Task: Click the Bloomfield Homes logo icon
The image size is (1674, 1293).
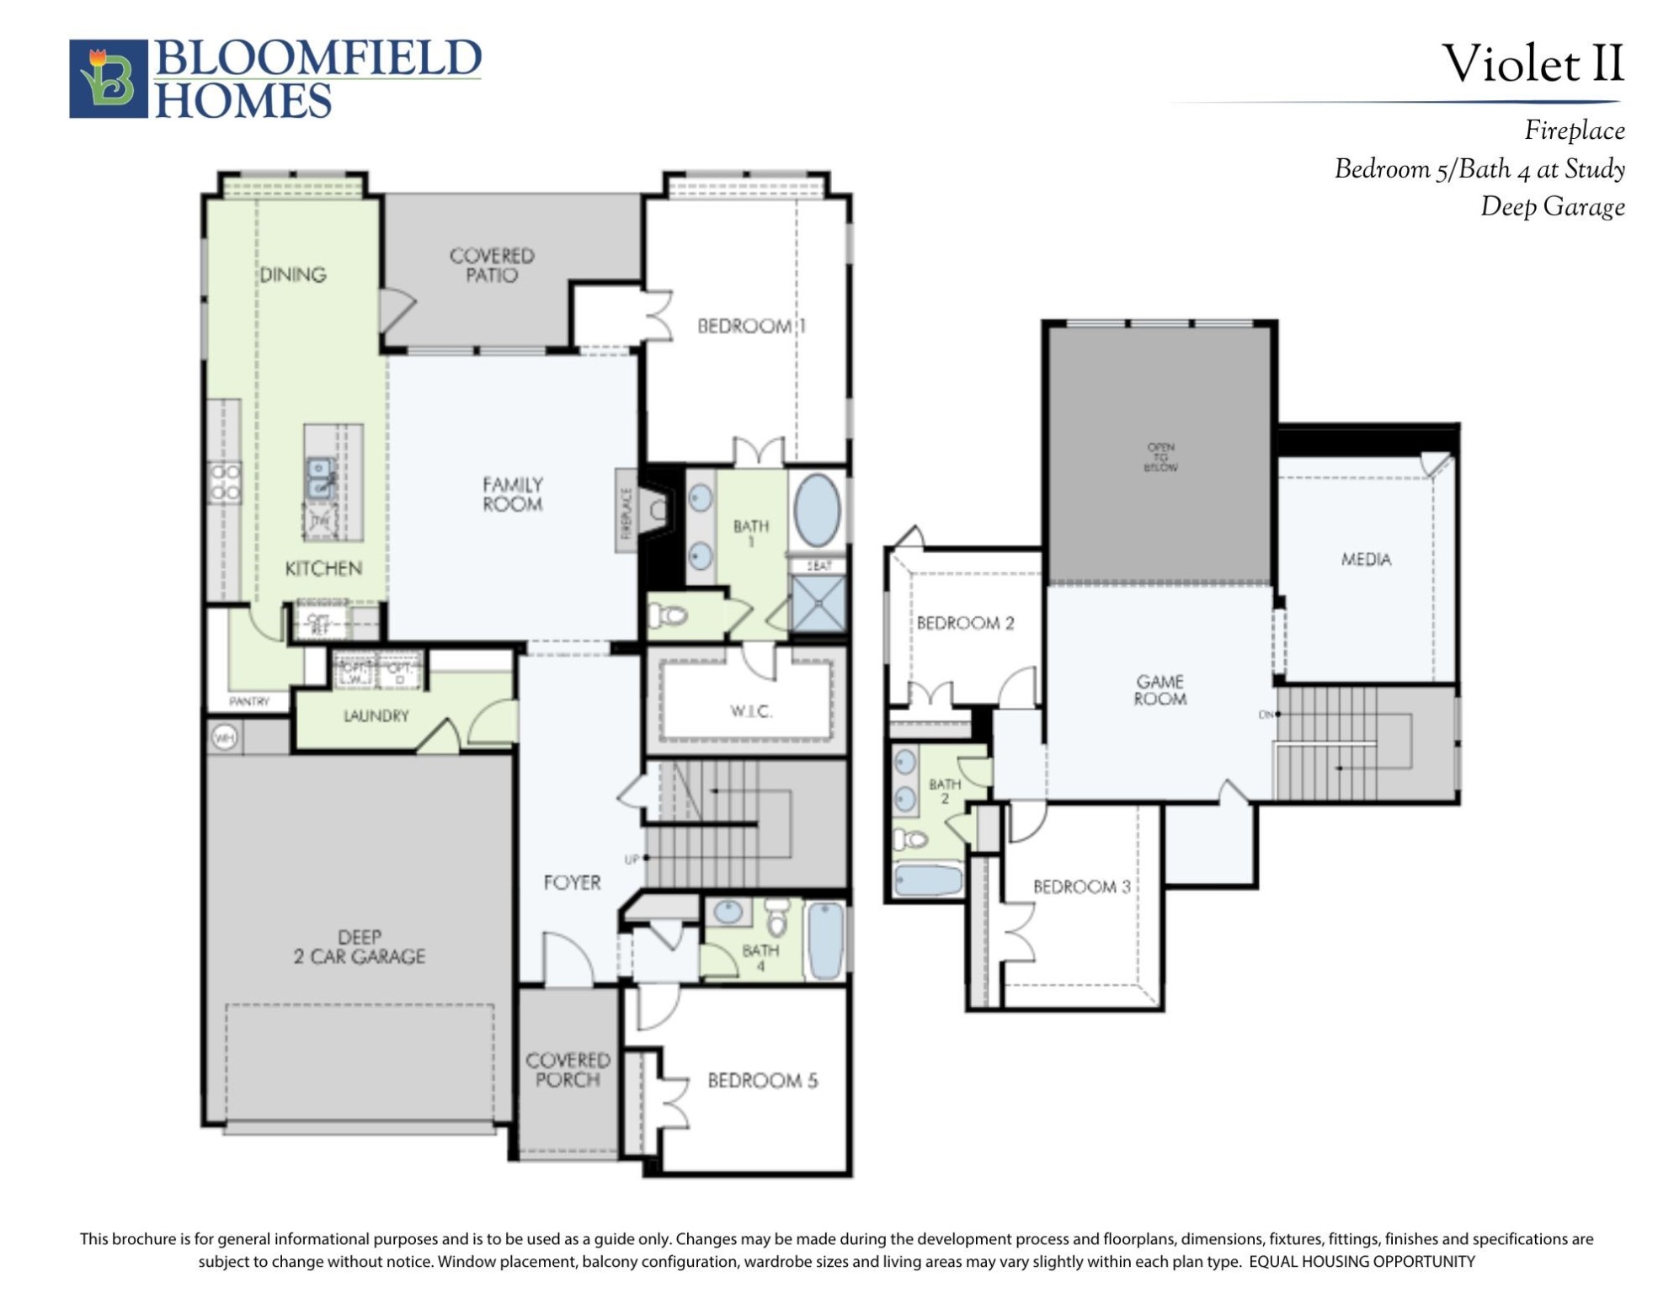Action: pos(108,78)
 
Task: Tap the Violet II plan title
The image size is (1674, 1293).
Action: pos(1532,64)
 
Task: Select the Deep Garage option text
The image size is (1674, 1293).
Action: pos(1552,207)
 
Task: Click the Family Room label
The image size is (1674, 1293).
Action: pos(512,494)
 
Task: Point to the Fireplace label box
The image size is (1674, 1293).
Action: pos(626,510)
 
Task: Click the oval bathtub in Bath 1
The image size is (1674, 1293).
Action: pos(817,510)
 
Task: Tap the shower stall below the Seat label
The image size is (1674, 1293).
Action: pos(818,603)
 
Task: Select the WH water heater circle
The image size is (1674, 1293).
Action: pos(224,738)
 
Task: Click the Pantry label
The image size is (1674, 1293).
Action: pos(249,701)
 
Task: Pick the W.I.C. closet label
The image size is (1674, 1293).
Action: pos(750,712)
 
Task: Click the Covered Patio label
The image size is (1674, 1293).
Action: pos(492,265)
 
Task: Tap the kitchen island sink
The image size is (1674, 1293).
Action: pos(320,478)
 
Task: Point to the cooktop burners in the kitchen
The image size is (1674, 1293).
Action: pos(225,482)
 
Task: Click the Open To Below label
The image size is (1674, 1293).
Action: pos(1160,457)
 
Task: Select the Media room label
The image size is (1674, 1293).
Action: pos(1366,559)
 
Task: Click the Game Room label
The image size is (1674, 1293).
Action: pos(1160,689)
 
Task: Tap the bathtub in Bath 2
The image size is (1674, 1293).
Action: pos(928,880)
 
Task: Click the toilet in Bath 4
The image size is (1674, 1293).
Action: pos(777,920)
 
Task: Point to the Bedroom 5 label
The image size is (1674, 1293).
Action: pos(762,1080)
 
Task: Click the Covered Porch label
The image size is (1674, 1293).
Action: pos(568,1070)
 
